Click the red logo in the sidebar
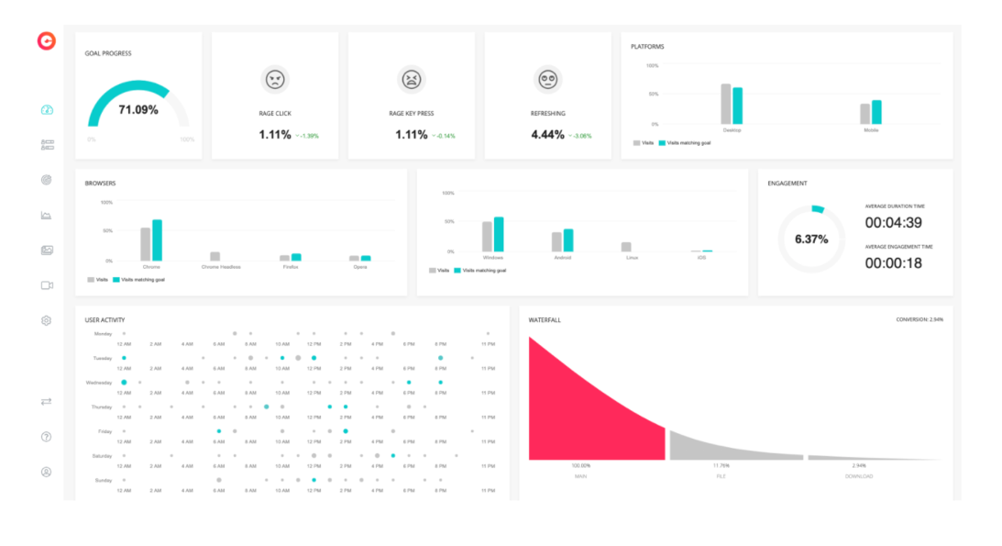pyautogui.click(x=46, y=41)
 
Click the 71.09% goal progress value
pyautogui.click(x=138, y=110)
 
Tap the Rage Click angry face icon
pyautogui.click(x=274, y=79)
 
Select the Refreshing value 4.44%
pyautogui.click(x=548, y=134)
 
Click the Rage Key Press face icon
pyautogui.click(x=412, y=79)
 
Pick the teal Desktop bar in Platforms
pyautogui.click(x=737, y=106)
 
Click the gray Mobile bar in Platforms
pyautogui.click(x=864, y=114)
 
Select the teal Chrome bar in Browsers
pyautogui.click(x=157, y=240)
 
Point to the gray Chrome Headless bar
pyautogui.click(x=215, y=256)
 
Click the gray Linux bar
pyautogui.click(x=626, y=247)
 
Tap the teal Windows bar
pyautogui.click(x=499, y=234)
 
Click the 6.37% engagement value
pyautogui.click(x=811, y=240)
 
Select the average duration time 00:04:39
pyautogui.click(x=893, y=222)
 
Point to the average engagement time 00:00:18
pyautogui.click(x=893, y=262)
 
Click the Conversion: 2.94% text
pyautogui.click(x=919, y=319)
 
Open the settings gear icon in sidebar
pyautogui.click(x=47, y=320)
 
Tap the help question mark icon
pyautogui.click(x=47, y=437)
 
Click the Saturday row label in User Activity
pyautogui.click(x=102, y=456)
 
